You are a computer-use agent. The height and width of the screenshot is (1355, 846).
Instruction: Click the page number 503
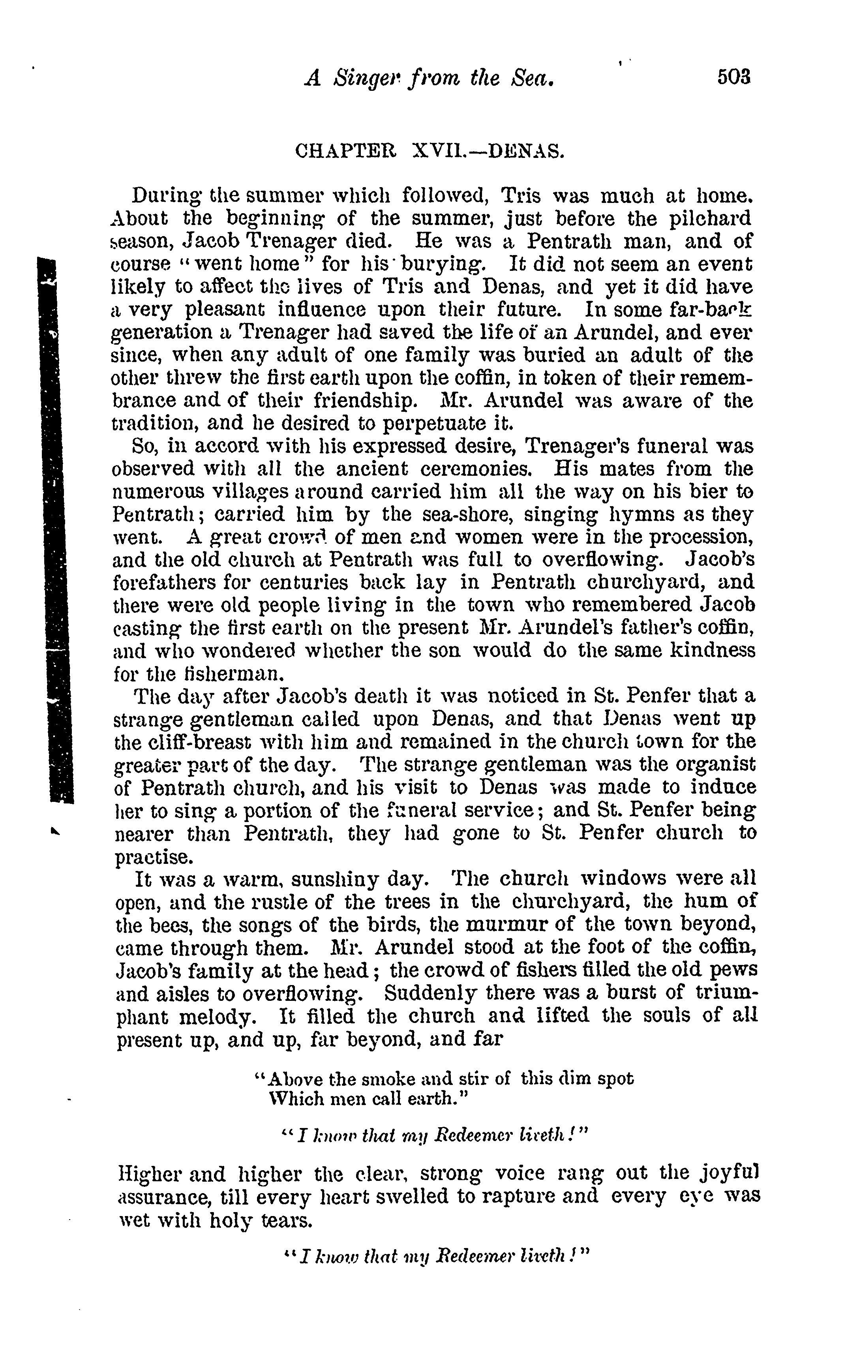tap(733, 77)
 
